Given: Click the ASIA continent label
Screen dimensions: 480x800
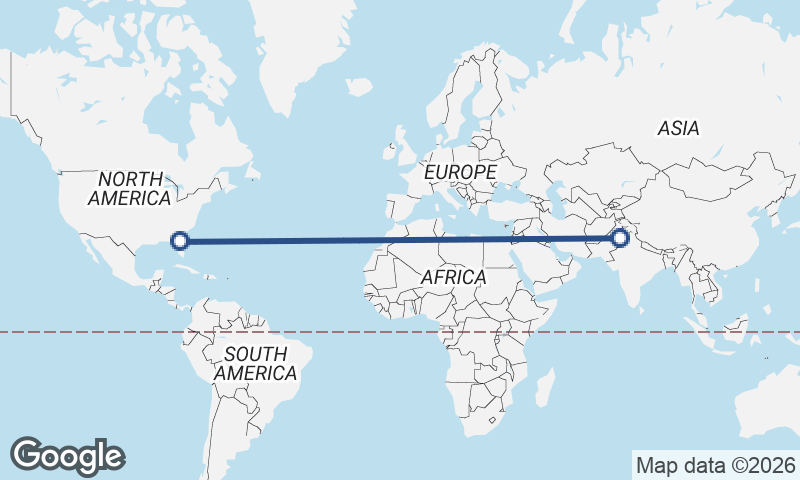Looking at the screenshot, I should [x=678, y=128].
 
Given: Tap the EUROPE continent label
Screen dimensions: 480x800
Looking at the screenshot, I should [x=460, y=173].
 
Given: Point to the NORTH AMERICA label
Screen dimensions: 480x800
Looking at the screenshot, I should [x=129, y=188].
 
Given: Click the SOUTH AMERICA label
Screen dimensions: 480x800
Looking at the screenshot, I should [x=255, y=363].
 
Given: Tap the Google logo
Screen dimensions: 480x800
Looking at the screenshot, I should [x=68, y=456].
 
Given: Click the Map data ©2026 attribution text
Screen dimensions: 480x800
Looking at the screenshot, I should [x=715, y=465].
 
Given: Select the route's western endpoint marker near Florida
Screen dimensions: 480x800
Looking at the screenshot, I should [x=180, y=240].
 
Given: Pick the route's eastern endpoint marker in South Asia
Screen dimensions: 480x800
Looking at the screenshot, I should [x=620, y=237].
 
